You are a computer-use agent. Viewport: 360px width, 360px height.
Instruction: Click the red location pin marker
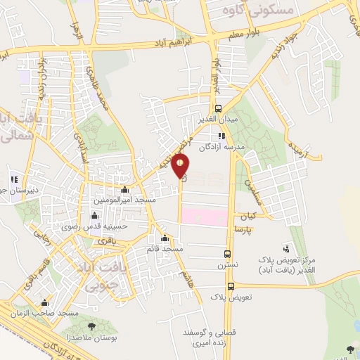pyautogui.click(x=181, y=165)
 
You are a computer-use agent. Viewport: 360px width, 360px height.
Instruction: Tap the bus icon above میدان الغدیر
pyautogui.click(x=219, y=108)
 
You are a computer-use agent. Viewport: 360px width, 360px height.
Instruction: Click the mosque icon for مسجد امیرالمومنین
pyautogui.click(x=125, y=190)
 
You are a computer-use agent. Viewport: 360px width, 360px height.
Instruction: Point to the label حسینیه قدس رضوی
pyautogui.click(x=122, y=226)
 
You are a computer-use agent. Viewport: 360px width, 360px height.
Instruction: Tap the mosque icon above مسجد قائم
pyautogui.click(x=165, y=238)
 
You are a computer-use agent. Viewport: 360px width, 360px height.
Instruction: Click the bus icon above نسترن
pyautogui.click(x=226, y=255)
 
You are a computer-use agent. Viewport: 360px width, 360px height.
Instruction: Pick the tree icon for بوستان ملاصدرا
pyautogui.click(x=92, y=326)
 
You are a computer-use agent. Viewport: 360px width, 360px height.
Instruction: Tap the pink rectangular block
pyautogui.click(x=204, y=215)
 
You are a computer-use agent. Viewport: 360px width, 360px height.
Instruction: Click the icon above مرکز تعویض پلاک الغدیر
pyautogui.click(x=285, y=248)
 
